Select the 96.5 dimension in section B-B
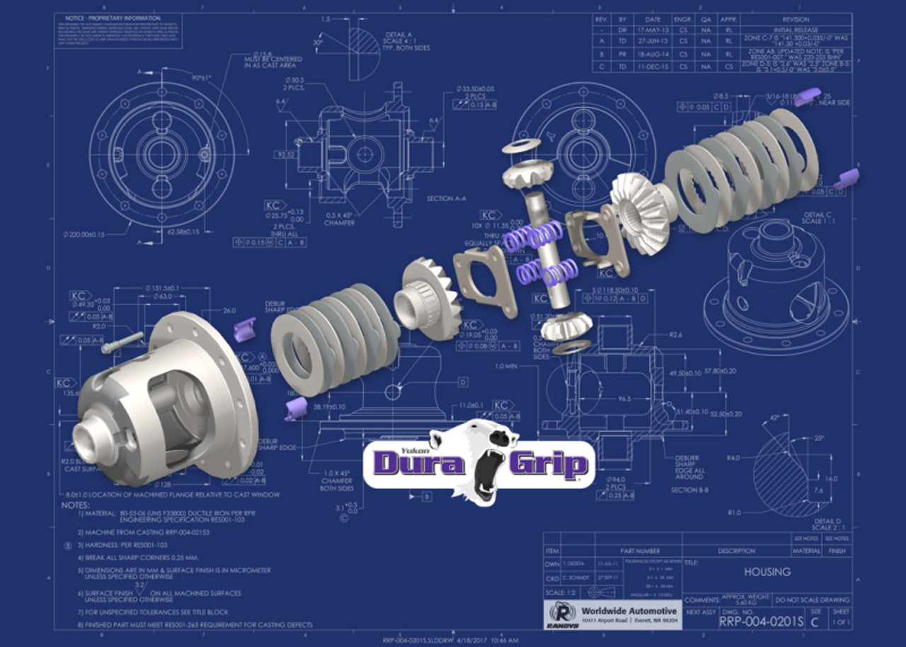(623, 399)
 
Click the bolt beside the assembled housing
(122, 344)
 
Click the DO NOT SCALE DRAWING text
(813, 600)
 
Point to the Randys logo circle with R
(559, 614)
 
